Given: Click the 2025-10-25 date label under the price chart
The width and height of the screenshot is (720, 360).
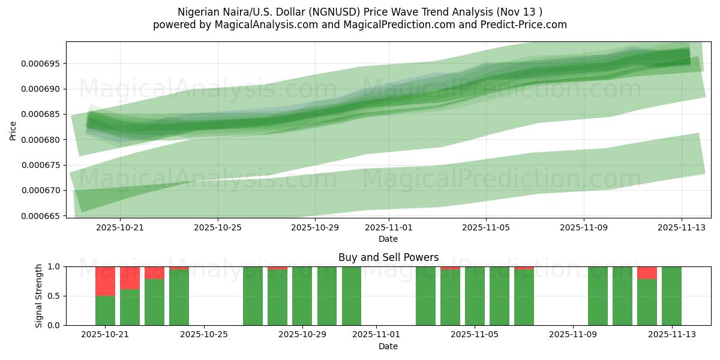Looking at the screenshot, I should coord(218,227).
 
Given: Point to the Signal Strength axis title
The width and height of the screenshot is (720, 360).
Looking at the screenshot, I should coord(39,296).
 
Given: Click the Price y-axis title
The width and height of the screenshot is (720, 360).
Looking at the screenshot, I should coord(13,130).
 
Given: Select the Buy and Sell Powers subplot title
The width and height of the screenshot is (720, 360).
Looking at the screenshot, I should coord(388,257).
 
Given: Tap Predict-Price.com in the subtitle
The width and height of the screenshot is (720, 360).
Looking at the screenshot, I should coord(526,25).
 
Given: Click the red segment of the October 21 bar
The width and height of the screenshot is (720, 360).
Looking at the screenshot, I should coord(105,281).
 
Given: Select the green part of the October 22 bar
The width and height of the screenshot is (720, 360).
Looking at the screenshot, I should coord(130,307).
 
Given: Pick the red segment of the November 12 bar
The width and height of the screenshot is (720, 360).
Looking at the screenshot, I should coord(647,272).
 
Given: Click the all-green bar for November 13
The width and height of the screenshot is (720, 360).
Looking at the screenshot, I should coord(671,296).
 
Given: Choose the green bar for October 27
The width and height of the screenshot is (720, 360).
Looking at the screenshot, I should coord(253,296).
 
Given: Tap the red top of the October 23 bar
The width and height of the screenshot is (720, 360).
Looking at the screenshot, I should coord(154,272).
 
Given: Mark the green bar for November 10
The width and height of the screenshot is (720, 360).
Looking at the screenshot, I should coord(598,296).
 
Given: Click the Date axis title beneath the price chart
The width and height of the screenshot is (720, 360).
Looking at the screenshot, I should coord(388,239).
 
